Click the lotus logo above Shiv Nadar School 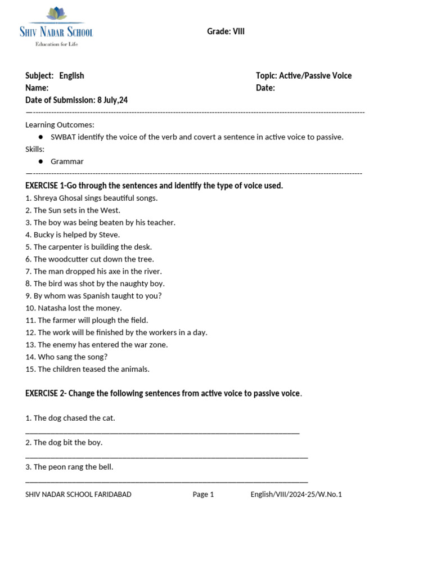coord(56,14)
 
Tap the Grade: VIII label coord(226,31)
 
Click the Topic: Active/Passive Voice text coord(303,75)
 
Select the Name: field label coord(37,88)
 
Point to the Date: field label coord(265,88)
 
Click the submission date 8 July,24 coord(112,100)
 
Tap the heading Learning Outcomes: coord(60,124)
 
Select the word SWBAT coord(63,137)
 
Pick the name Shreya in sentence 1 coord(46,198)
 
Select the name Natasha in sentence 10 coord(51,308)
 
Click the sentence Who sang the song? coord(72,357)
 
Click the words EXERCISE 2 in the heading coord(45,393)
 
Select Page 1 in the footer coord(203,494)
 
